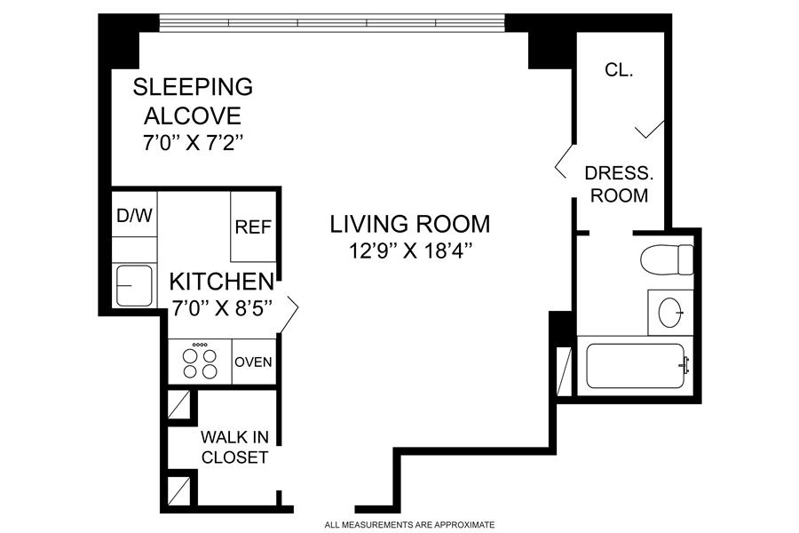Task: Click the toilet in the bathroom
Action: coord(667,259)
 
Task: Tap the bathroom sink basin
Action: coord(669,312)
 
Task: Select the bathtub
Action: coord(635,366)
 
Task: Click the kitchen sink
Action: coord(134,286)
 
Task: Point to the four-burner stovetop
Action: coord(200,362)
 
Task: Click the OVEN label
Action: coord(253,362)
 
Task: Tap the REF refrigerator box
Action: coord(253,227)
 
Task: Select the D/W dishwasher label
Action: coord(135,215)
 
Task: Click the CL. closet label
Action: coord(619,70)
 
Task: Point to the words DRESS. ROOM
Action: coord(619,184)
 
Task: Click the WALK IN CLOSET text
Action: coord(234,448)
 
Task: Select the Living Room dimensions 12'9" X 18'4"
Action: coord(410,251)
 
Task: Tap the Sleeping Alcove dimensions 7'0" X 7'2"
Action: coord(192,143)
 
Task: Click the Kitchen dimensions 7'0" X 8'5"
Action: coord(222,308)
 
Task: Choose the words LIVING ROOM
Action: coord(409,224)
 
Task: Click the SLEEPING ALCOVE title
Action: coord(193,101)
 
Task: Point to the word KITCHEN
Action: coord(222,282)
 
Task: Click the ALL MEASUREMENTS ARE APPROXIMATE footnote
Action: coord(409,524)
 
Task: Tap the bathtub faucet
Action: coord(684,365)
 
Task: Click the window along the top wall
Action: coord(332,23)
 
